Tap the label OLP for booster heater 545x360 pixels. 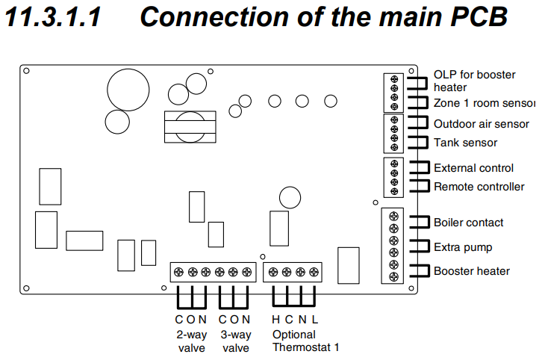pos(474,81)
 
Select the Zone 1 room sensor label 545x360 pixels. pos(485,103)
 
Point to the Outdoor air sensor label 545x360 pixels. pos(481,124)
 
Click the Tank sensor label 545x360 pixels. pos(465,143)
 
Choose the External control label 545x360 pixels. pos(473,169)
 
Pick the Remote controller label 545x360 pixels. pos(479,187)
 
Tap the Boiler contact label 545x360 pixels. pos(468,223)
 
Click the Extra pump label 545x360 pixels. pos(463,247)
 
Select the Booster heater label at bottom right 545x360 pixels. pos(471,271)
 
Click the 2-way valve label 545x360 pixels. pos(191,341)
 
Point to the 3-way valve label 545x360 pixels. pos(235,341)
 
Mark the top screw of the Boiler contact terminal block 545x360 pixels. pos(393,217)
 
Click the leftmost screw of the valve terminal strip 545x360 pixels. pos(179,273)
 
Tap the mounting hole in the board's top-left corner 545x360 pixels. pos(26,72)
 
